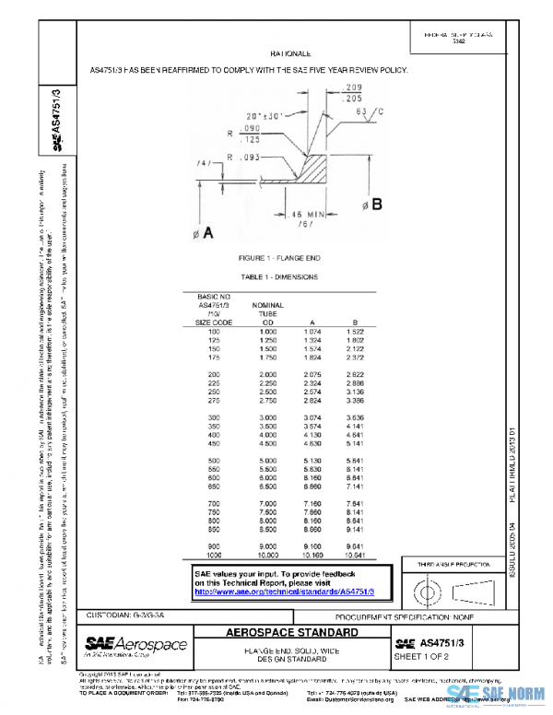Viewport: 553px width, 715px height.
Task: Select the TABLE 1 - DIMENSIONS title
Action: click(x=278, y=275)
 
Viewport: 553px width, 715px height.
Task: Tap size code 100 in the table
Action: click(x=215, y=331)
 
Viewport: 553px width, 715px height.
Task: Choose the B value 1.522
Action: click(x=357, y=331)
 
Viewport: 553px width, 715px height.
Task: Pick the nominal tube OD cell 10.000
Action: click(x=267, y=557)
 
